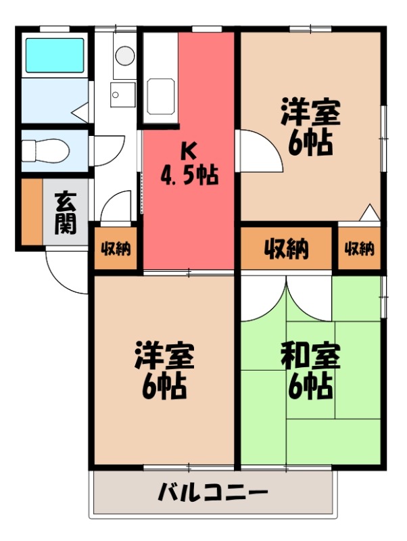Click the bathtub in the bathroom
click(54, 55)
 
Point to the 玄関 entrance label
click(66, 213)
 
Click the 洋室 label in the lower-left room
click(164, 356)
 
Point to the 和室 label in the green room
click(310, 356)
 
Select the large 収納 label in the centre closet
click(286, 249)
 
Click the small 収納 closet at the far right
click(359, 249)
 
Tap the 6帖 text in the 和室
click(310, 387)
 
